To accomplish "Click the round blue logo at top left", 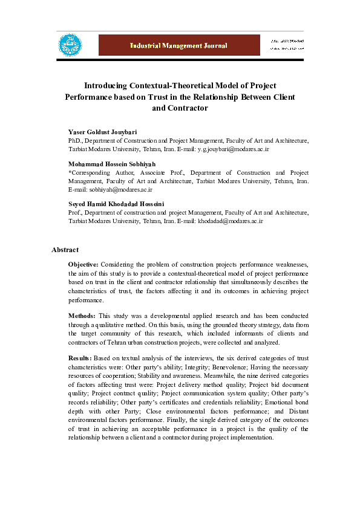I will [x=70, y=45].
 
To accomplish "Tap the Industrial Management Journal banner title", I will [x=178, y=45].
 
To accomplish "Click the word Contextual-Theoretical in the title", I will [x=162, y=85].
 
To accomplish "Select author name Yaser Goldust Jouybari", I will [x=102, y=131].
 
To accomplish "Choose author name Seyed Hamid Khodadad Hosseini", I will [x=117, y=204].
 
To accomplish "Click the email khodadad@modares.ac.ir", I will [x=231, y=221].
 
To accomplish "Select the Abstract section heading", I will [x=65, y=249].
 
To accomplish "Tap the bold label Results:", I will [x=80, y=358].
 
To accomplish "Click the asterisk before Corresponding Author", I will [x=70, y=172].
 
